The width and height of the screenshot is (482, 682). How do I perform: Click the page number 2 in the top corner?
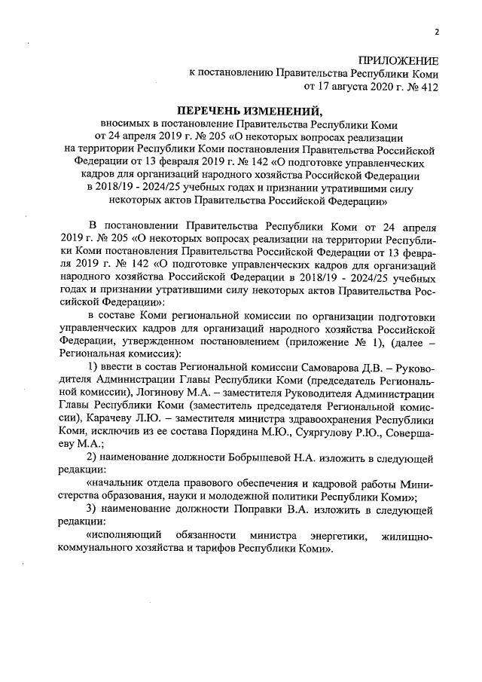pos(435,31)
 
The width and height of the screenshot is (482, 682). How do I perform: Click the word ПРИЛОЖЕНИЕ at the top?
pos(398,60)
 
